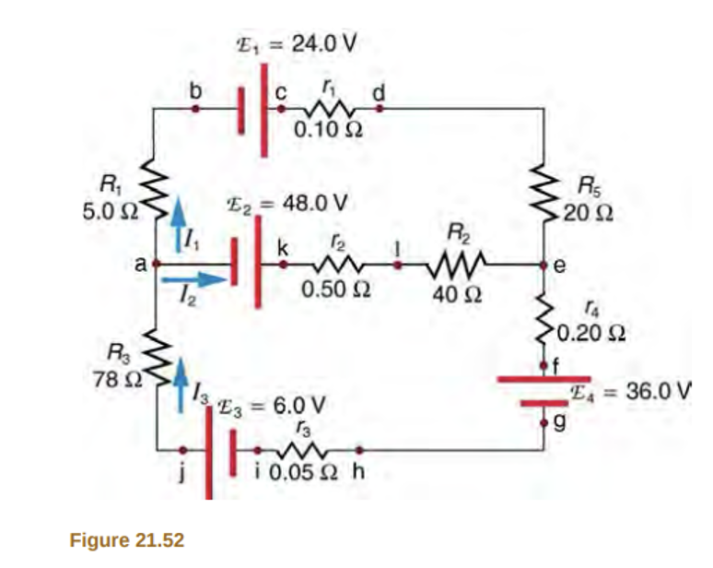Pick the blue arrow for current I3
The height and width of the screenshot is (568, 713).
point(181,378)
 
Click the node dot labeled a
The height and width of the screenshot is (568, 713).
point(157,264)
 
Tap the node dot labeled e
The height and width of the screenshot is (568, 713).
point(544,264)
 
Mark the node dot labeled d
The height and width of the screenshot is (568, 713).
point(379,108)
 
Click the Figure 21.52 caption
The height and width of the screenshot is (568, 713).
point(127,539)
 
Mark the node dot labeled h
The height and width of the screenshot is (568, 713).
point(359,451)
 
